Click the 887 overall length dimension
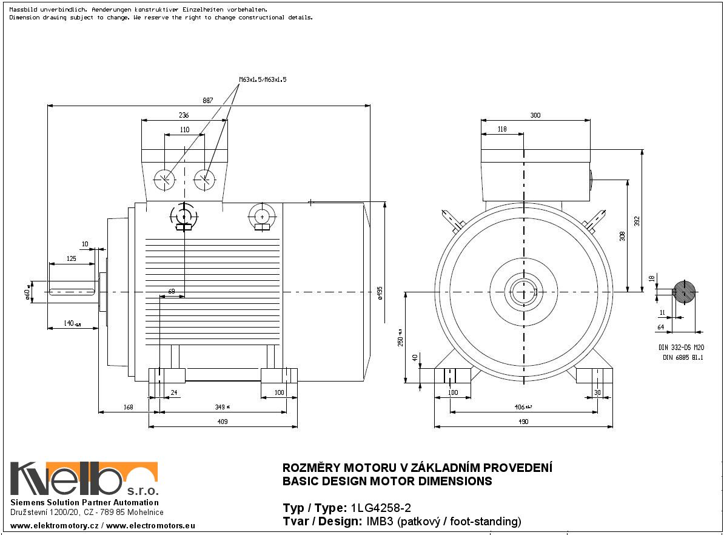(x=207, y=101)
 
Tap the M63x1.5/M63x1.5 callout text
(x=263, y=79)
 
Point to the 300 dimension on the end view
(x=535, y=115)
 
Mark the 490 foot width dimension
(x=522, y=422)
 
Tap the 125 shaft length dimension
(x=71, y=259)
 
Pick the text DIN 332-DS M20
(x=681, y=348)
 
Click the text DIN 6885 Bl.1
(x=682, y=358)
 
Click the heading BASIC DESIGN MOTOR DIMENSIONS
(x=387, y=482)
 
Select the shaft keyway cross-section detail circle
(x=685, y=292)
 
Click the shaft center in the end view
(x=523, y=292)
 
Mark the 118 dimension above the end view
(x=501, y=129)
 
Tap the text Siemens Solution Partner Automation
(x=85, y=503)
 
